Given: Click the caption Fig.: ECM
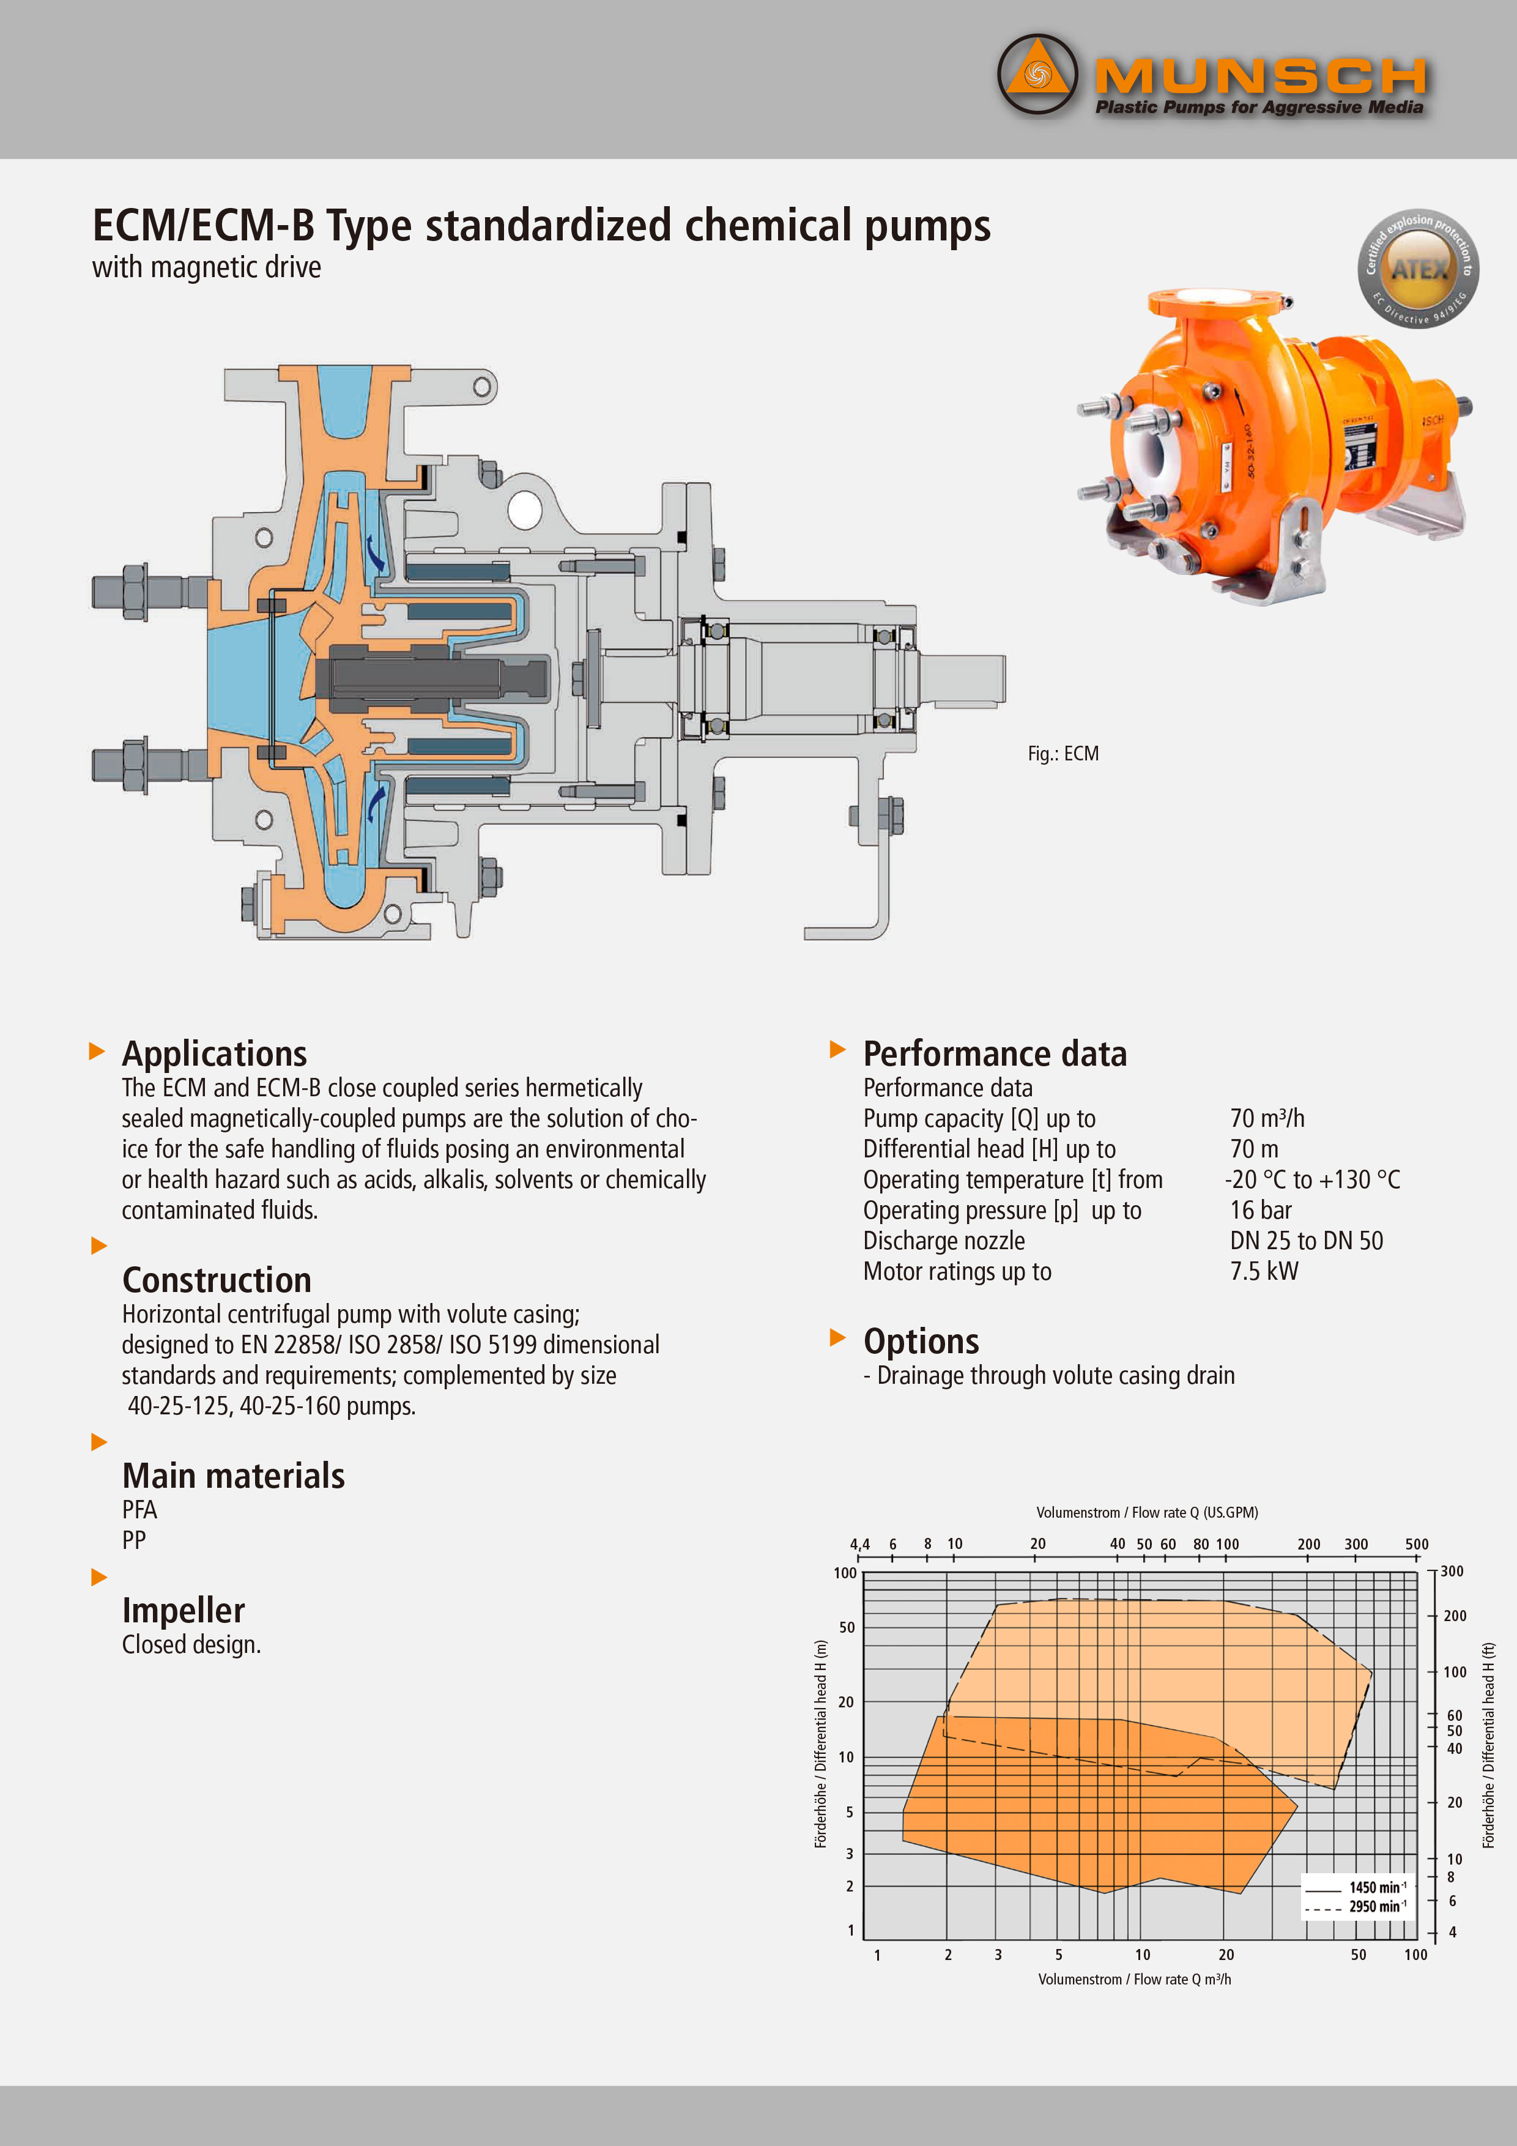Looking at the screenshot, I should (x=1063, y=753).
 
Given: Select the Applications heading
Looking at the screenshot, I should (x=214, y=1053).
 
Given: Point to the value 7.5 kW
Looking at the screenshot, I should (x=1264, y=1271).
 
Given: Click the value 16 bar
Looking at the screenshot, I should (x=1260, y=1211).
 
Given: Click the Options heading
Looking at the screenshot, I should (x=921, y=1341).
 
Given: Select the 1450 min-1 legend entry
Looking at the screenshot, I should (x=1376, y=1887).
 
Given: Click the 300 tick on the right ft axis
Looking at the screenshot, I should (x=1452, y=1571).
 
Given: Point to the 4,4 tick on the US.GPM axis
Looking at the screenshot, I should (x=859, y=1544).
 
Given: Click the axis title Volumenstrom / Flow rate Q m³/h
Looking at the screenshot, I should (x=1134, y=1979).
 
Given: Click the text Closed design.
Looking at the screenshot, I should (x=191, y=1645).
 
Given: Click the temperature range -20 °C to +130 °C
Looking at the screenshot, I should (x=1312, y=1179).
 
